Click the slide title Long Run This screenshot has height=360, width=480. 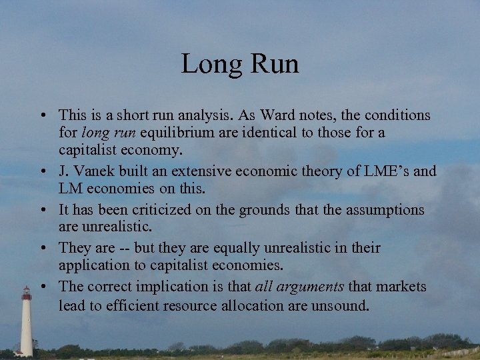tap(240, 64)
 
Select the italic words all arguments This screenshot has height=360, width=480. tap(299, 287)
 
